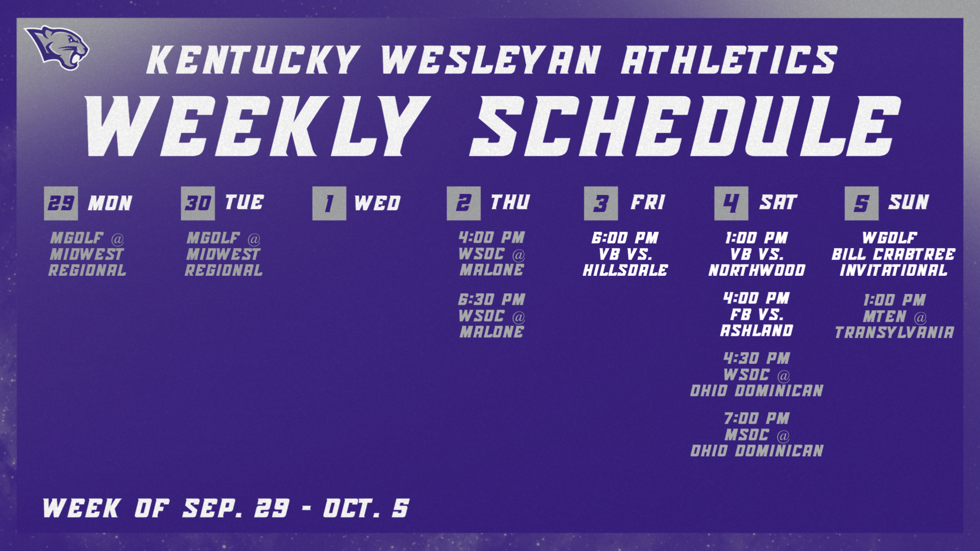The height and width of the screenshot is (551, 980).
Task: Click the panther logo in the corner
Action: [x=58, y=47]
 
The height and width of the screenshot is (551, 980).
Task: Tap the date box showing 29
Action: [x=61, y=203]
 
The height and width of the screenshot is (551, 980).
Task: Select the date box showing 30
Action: [x=198, y=203]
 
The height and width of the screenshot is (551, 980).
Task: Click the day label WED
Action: [x=377, y=203]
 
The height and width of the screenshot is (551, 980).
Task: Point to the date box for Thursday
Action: [x=464, y=203]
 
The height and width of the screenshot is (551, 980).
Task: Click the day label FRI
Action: [x=648, y=202]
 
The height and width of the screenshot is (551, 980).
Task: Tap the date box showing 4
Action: [x=731, y=203]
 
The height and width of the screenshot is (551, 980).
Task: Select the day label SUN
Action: [x=909, y=202]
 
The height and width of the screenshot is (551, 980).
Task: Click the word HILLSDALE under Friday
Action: [x=625, y=270]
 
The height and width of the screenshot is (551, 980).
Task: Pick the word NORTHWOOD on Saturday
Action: [x=757, y=270]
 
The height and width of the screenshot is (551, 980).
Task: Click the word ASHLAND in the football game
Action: [x=757, y=331]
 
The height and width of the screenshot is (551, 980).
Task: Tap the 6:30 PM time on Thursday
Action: [x=491, y=299]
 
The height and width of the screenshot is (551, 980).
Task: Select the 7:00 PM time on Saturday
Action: [x=757, y=418]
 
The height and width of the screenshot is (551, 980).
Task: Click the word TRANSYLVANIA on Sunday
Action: [x=895, y=333]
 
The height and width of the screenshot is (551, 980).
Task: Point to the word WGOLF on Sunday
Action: [x=890, y=238]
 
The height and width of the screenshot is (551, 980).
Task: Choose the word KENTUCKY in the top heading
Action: [x=253, y=60]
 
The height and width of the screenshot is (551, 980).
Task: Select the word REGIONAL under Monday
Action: [x=87, y=270]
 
